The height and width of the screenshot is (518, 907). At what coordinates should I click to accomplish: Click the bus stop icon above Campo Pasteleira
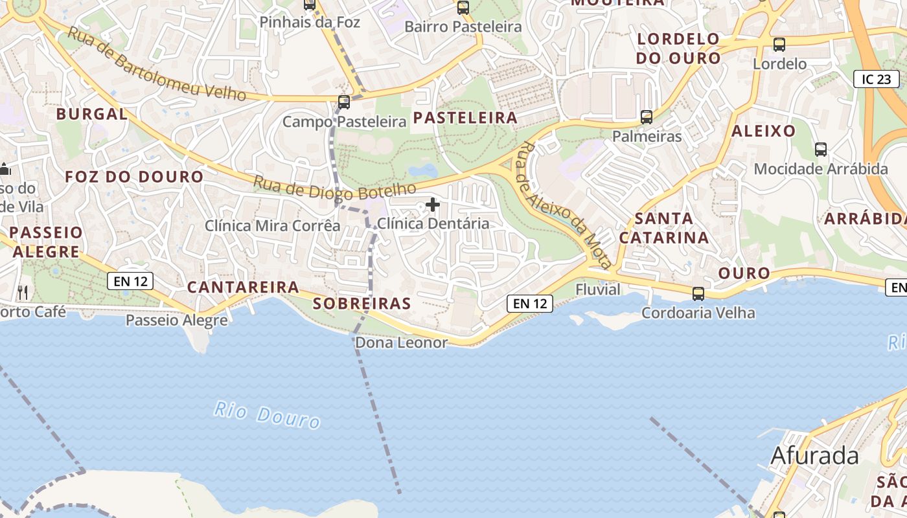point(343,102)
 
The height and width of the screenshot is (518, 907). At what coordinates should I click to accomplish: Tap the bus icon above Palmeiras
point(646,117)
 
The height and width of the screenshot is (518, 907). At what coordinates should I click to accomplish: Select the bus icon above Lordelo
point(779,45)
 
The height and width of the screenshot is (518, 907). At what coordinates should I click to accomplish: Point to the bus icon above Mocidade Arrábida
point(820,150)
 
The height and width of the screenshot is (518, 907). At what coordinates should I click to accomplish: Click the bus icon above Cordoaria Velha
point(698,293)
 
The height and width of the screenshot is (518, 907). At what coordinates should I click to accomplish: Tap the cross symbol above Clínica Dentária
point(433,205)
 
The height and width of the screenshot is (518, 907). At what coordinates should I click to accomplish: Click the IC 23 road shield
point(876,79)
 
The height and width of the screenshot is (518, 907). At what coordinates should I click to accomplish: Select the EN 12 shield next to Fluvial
point(529,303)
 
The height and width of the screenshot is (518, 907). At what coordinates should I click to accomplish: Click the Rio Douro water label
point(267,415)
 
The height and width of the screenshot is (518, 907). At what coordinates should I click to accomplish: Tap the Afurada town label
point(814,456)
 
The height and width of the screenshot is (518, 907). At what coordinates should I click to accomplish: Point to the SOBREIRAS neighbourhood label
point(362,303)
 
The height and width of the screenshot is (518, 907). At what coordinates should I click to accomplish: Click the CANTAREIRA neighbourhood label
point(243,287)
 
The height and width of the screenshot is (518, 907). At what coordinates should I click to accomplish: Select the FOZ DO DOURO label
point(134,176)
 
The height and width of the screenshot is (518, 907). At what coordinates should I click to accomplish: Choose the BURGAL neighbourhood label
point(92,114)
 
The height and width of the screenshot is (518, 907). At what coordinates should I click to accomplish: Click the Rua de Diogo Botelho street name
point(334,188)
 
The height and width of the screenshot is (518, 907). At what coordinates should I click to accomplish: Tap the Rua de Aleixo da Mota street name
point(564,205)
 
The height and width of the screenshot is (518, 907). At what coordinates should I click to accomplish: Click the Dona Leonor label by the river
point(402,343)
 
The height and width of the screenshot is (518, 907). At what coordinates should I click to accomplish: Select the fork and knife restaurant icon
point(23,292)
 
